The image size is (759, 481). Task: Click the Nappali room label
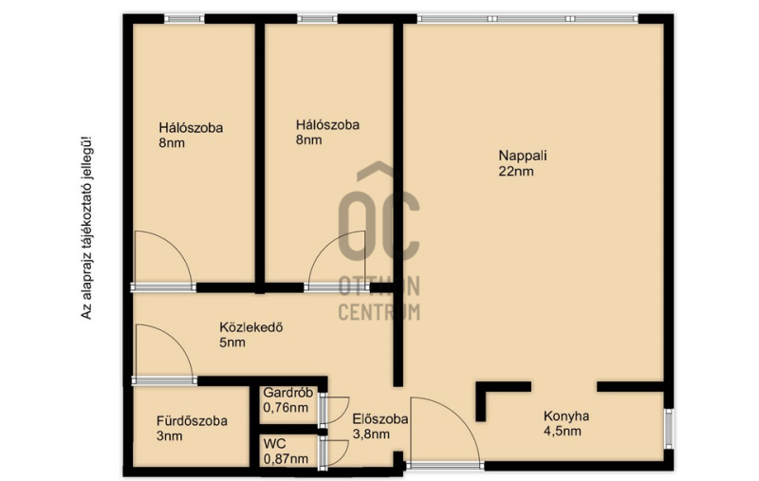coord(523,156)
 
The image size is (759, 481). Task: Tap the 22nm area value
coord(516,172)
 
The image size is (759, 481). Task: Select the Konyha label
coord(565,416)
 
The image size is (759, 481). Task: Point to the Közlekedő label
coord(251,327)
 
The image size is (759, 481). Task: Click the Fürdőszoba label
coord(192,421)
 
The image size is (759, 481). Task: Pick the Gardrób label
coord(288,393)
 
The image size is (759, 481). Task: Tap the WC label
coord(274,443)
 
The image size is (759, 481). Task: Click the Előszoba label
coord(380,419)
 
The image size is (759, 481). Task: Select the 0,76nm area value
coord(286,407)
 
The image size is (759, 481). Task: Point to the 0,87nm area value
coord(286,459)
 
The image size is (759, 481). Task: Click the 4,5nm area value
coord(563,431)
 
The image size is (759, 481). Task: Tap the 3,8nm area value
coord(371,435)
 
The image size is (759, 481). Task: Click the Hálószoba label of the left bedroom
coord(191,128)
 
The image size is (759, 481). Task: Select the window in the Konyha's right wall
coord(669,429)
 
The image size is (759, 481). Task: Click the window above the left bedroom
coord(184,19)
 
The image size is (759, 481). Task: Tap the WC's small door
coord(334,453)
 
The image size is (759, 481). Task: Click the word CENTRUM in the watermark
coord(379,312)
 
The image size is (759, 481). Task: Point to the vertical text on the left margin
coord(85,228)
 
